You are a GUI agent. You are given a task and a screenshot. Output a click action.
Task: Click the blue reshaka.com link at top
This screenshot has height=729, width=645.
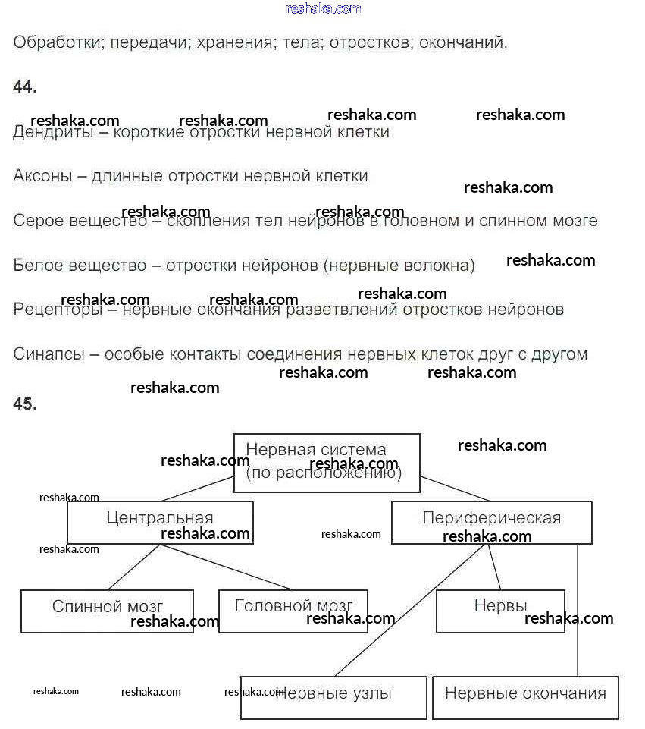(x=324, y=8)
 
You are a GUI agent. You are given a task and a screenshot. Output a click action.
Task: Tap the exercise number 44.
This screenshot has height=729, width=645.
(x=24, y=87)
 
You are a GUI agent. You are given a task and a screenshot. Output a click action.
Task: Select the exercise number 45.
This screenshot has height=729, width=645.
(x=24, y=404)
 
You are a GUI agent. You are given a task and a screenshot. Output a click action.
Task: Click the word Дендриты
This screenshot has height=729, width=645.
(x=52, y=133)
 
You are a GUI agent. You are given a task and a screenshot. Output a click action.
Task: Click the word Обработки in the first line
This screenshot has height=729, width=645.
(x=57, y=42)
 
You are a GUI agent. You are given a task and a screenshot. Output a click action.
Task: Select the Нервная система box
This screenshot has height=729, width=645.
(x=326, y=462)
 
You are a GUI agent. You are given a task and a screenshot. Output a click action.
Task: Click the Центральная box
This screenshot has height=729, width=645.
(x=160, y=523)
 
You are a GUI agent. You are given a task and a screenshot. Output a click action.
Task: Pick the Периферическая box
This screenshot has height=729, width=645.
(x=491, y=522)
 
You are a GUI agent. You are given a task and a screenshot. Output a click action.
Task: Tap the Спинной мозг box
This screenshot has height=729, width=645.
(x=107, y=611)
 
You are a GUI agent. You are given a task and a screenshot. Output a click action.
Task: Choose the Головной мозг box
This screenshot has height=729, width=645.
(x=293, y=611)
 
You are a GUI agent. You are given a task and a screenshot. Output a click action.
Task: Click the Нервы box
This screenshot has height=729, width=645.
(x=500, y=611)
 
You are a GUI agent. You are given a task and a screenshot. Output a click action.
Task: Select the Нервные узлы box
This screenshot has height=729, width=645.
(x=333, y=697)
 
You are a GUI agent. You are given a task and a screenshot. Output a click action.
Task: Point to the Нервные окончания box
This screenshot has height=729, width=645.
(x=525, y=697)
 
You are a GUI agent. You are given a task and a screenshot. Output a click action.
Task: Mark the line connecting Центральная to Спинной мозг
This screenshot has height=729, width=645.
(x=133, y=567)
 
